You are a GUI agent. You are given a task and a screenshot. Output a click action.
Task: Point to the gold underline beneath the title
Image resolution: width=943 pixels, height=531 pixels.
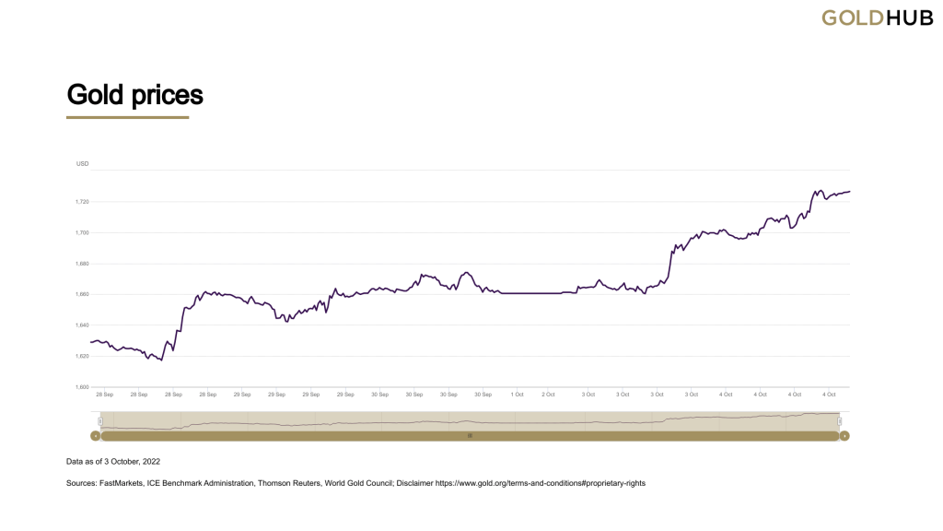coord(127,117)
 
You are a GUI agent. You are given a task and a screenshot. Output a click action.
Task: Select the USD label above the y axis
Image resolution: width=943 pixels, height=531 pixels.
coord(83,164)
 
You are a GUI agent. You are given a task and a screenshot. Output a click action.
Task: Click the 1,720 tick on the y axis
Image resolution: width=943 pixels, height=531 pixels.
coord(83,201)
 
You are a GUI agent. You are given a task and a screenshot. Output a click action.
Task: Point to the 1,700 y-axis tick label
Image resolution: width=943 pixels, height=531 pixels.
coord(83,232)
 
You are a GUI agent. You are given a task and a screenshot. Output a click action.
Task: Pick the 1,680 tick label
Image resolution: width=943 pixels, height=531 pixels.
coord(83,264)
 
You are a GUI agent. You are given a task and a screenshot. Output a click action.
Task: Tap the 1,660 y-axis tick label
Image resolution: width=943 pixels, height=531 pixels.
coord(83,294)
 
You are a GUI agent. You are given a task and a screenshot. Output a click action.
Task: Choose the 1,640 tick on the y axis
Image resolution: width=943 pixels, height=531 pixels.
coord(83,325)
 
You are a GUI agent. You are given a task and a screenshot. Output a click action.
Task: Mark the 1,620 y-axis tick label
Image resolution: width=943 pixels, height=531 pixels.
coord(83,356)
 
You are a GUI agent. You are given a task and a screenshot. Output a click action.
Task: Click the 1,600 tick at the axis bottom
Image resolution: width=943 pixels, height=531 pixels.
coord(83,386)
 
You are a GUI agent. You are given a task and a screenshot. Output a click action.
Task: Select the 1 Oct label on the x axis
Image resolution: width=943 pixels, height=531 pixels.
coord(517,395)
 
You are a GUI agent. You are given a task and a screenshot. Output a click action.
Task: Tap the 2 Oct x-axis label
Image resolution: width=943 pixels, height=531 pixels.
coord(548,395)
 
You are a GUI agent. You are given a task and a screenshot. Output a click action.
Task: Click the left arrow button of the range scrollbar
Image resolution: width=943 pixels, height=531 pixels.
coord(95,435)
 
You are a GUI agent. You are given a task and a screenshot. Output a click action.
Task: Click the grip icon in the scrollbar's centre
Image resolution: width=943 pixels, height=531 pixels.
coord(470,435)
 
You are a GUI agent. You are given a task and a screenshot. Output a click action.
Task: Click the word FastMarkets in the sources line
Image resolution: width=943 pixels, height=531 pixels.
coord(121,483)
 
